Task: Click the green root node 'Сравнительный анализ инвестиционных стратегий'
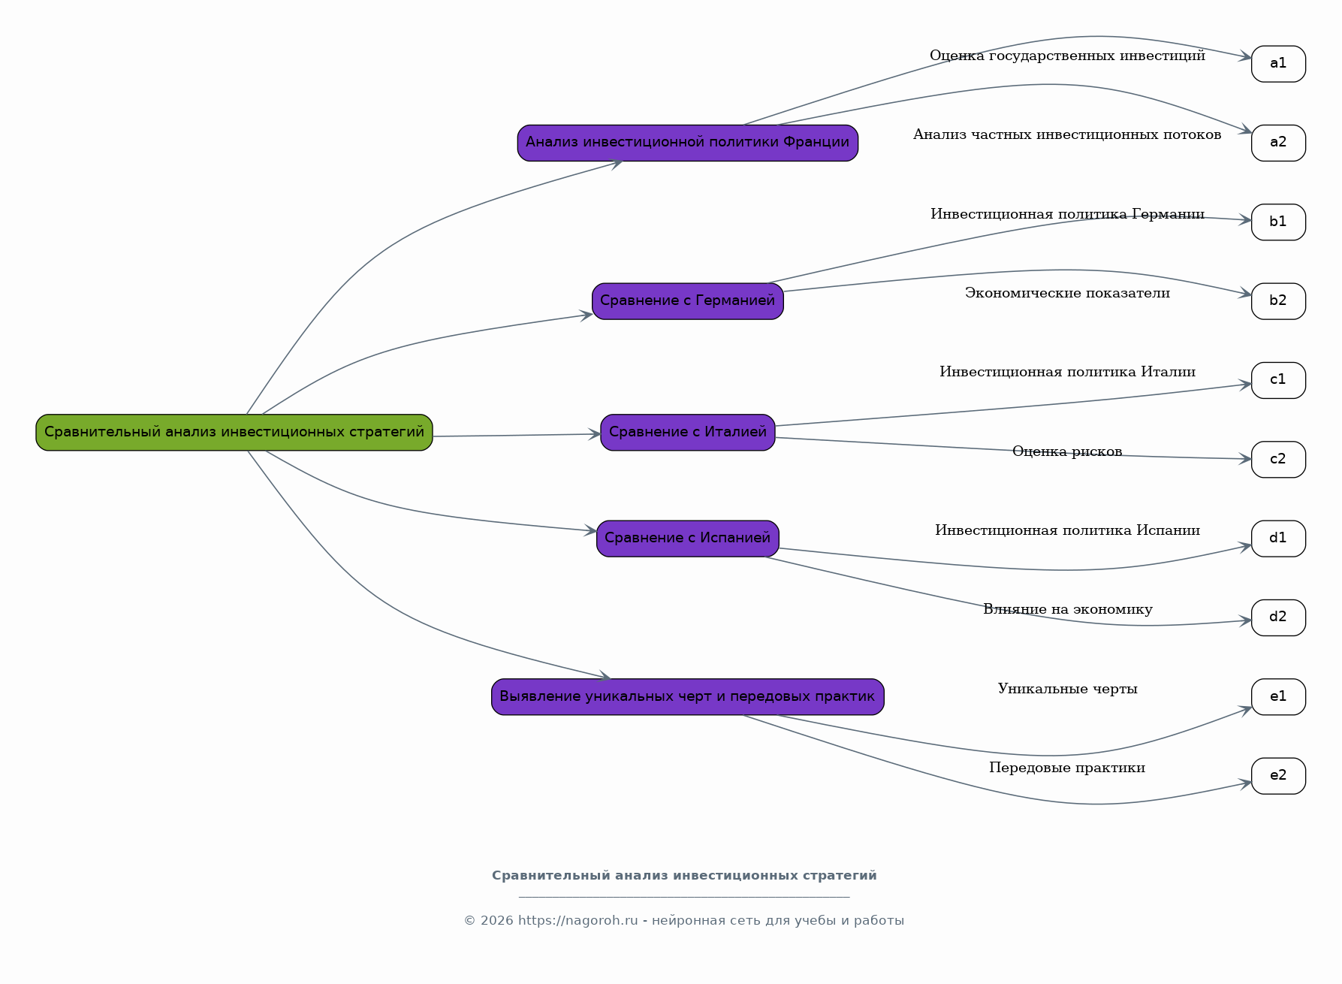(234, 433)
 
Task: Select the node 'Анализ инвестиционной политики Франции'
(688, 143)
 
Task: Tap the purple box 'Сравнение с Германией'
(688, 301)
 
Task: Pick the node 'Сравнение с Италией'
(688, 433)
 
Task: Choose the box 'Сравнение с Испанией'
(688, 539)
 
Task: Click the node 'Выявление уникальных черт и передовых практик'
(688, 697)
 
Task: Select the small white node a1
(1278, 64)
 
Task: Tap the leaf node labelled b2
(1278, 301)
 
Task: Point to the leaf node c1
(1278, 380)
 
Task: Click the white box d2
(1278, 617)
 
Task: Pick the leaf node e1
(1278, 697)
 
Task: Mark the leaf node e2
(1278, 776)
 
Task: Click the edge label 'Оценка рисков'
(1067, 451)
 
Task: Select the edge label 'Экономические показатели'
(1067, 293)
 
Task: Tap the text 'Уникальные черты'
(1067, 689)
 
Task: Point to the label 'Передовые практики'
(1067, 768)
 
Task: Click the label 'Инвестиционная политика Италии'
(1067, 372)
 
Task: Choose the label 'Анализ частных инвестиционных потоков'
(1067, 134)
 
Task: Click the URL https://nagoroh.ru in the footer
(578, 921)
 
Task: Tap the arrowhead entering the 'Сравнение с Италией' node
(595, 434)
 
